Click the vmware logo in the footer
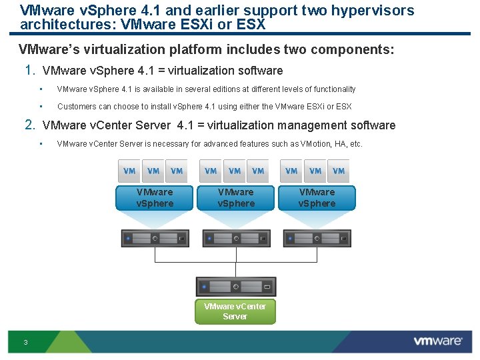click(437, 341)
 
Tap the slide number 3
click(25, 343)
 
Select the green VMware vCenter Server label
click(235, 311)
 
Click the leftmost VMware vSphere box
click(155, 198)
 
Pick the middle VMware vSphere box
click(236, 198)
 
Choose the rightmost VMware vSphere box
click(317, 198)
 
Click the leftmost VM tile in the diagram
click(129, 171)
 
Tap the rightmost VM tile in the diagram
click(339, 171)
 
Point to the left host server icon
click(155, 238)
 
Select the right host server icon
click(317, 238)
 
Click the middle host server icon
click(236, 238)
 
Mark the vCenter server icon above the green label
click(236, 287)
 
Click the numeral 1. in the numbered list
click(29, 70)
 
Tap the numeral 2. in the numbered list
click(29, 125)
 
